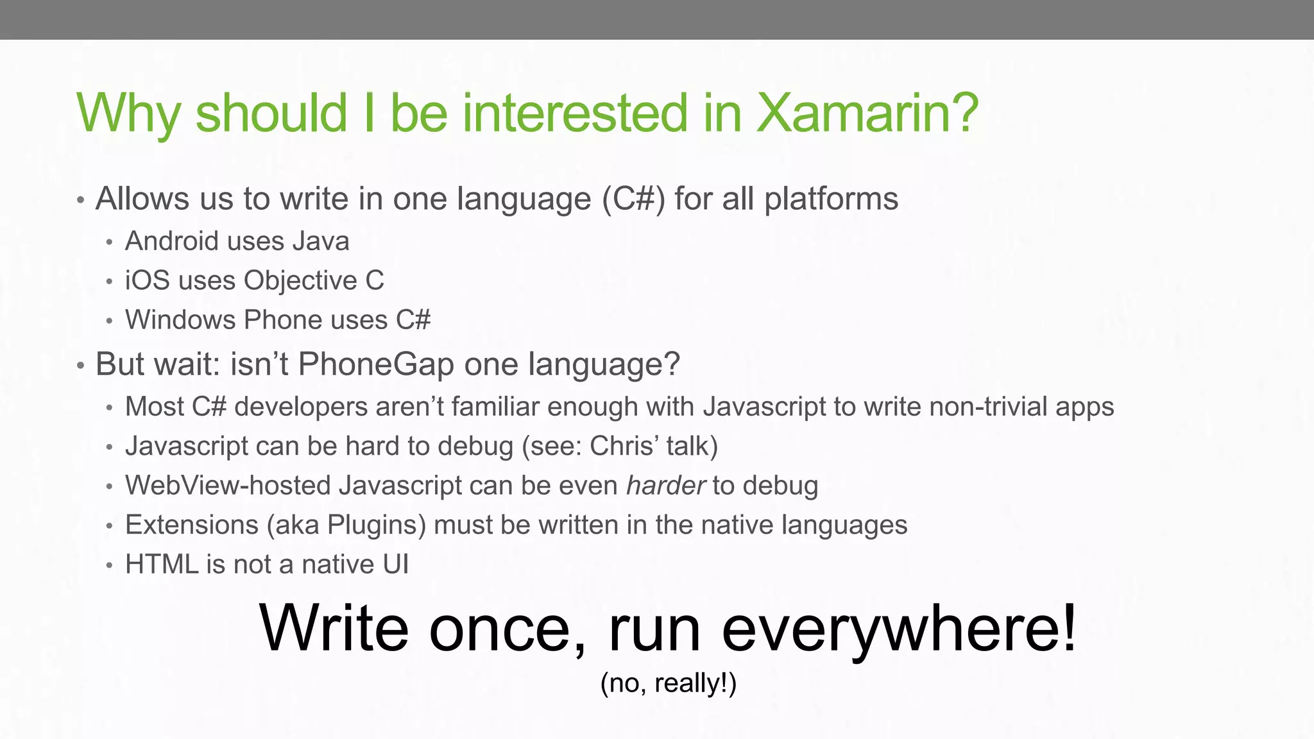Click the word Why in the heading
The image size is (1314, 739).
[128, 114]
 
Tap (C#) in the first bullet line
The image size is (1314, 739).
[633, 199]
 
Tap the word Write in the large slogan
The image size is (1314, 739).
[334, 629]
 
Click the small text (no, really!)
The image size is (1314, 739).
[668, 683]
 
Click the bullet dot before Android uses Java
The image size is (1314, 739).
[110, 242]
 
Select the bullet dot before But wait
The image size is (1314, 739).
[80, 366]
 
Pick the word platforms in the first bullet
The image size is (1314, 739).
[831, 199]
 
